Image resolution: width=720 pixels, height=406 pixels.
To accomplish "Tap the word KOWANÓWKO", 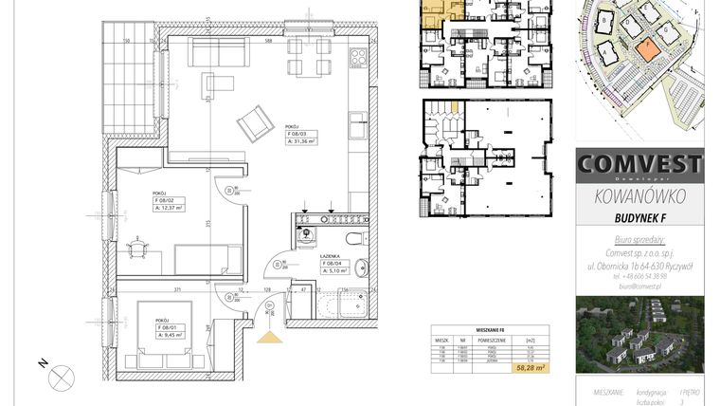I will (639, 197).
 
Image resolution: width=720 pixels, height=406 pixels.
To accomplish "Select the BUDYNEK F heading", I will (640, 218).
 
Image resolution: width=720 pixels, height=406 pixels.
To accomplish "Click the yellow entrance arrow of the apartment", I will (269, 335).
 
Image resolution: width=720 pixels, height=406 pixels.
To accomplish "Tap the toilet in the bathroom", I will (353, 238).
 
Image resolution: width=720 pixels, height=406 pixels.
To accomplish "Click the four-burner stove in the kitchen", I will (358, 57).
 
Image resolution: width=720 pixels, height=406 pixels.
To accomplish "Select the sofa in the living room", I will (217, 53).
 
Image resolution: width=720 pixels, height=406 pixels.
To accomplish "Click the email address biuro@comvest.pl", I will (639, 286).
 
